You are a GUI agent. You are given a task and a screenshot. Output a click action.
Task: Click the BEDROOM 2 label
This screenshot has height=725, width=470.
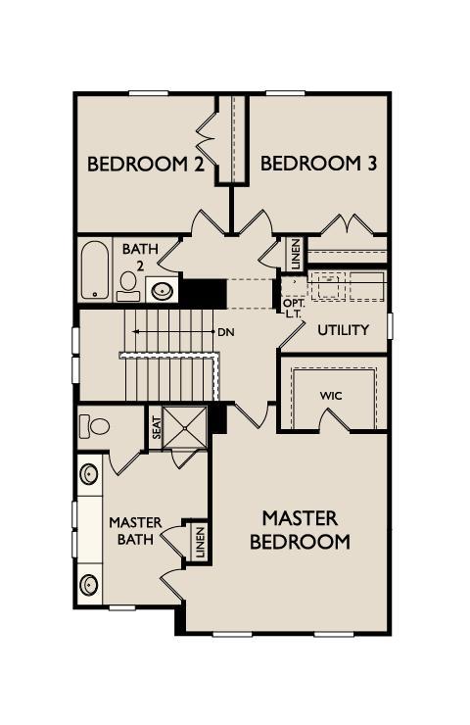point(145,164)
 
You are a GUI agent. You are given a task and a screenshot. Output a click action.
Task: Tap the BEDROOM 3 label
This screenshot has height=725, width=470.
point(319,164)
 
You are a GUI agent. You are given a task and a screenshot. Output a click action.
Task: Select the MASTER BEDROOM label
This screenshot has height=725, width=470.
point(300,529)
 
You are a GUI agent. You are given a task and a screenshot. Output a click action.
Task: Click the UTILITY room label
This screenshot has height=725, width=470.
point(343,330)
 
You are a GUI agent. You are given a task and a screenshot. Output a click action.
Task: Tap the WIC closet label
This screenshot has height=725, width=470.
point(330,396)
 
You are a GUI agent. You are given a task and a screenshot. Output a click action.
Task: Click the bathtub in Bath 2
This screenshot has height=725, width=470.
point(94,269)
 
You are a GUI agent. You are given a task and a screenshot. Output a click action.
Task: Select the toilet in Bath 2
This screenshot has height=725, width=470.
point(128,285)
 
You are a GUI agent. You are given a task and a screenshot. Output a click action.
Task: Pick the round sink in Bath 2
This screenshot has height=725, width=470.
point(162,290)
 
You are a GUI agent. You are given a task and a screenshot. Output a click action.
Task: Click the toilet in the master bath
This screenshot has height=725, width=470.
point(95,427)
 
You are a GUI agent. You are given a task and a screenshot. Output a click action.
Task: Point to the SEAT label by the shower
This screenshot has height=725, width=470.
point(155,428)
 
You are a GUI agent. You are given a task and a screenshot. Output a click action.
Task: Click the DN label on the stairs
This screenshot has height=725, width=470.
point(226,332)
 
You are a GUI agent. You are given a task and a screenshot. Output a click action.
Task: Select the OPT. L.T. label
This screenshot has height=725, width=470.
point(294,309)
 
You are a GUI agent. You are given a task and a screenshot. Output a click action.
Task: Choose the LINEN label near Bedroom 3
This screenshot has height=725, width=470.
point(295,255)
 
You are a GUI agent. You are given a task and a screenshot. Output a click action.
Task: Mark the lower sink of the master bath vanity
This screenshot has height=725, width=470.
point(90,585)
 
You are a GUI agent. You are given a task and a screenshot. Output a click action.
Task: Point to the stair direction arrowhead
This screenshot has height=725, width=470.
point(135,332)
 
